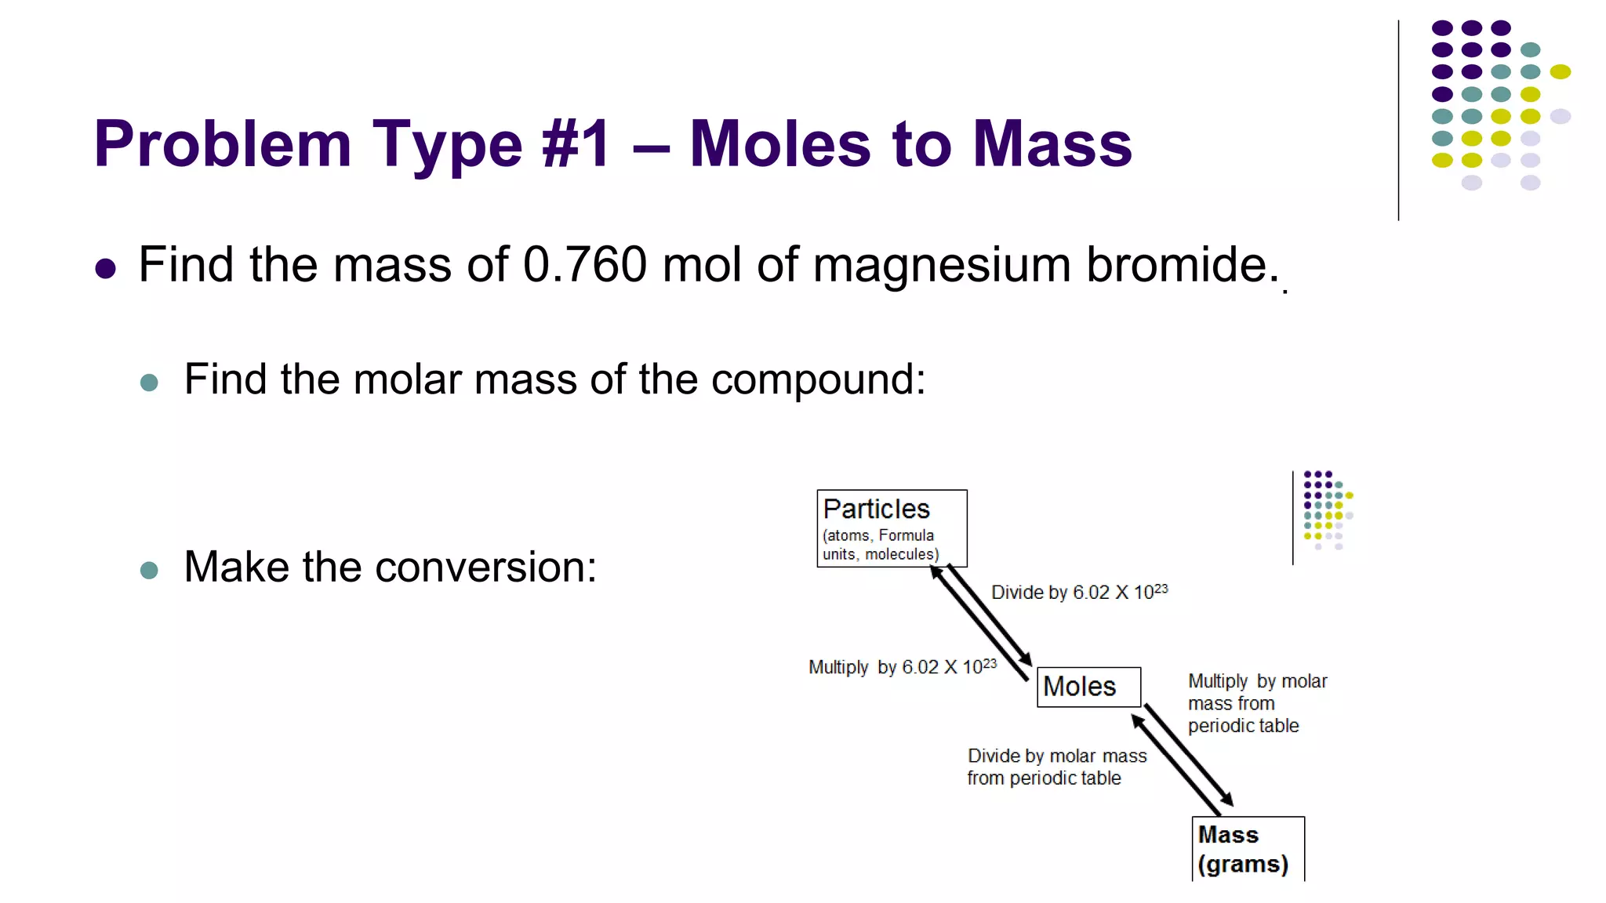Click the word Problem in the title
222,145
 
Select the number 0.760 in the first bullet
585,265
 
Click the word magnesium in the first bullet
941,265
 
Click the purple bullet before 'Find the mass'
106,269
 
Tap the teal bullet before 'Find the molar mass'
149,383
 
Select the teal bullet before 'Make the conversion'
149,570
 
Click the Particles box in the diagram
892,528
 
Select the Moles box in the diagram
1088,687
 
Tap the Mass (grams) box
1248,849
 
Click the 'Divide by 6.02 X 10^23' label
1079,592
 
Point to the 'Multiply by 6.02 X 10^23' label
902,667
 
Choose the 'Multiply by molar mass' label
1256,703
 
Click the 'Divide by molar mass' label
1056,767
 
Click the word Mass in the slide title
1052,145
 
